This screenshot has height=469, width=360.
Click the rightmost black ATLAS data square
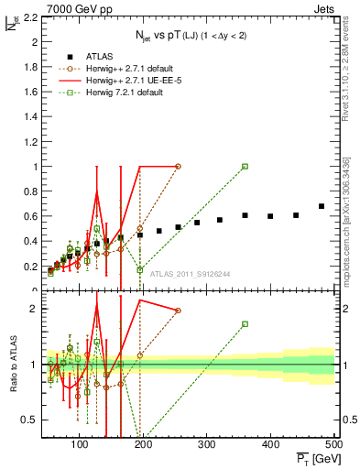322,206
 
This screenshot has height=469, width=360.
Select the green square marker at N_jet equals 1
245,167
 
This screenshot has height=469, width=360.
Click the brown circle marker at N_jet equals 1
178,167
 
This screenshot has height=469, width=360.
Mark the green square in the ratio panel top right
245,324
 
